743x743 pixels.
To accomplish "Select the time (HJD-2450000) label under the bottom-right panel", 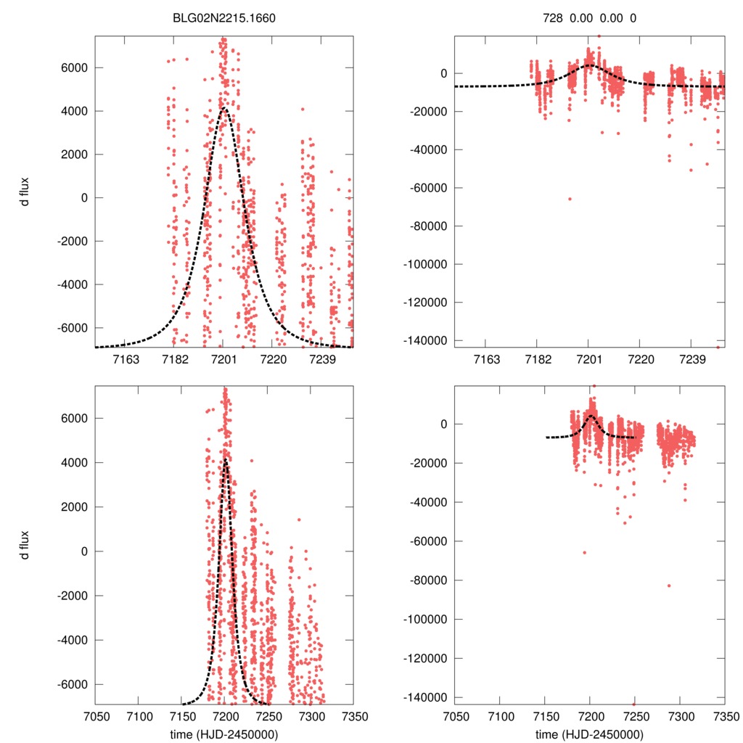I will (590, 734).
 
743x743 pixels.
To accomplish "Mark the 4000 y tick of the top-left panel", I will (71, 111).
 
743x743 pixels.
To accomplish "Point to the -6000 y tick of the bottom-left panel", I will (69, 684).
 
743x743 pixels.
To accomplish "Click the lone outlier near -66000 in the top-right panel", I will (570, 199).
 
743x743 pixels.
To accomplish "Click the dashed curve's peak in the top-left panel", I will (224, 110).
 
